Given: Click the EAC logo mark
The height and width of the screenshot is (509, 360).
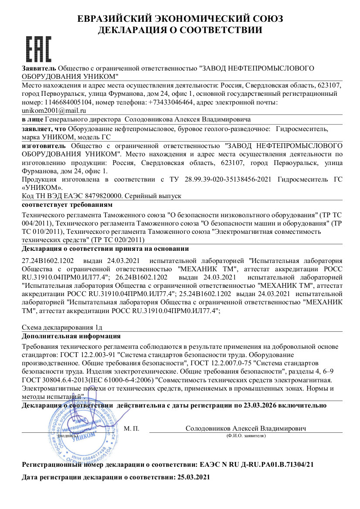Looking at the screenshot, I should point(39,49).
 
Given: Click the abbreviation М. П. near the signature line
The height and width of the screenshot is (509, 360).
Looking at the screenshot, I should point(132,428).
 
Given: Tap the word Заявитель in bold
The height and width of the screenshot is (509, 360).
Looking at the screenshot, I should point(39,68).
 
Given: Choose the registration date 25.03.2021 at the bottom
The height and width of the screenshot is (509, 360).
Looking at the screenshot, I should point(194,477).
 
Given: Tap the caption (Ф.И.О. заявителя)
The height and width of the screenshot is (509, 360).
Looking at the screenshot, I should point(246,435).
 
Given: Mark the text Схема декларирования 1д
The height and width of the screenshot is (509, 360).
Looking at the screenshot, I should point(62,327).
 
